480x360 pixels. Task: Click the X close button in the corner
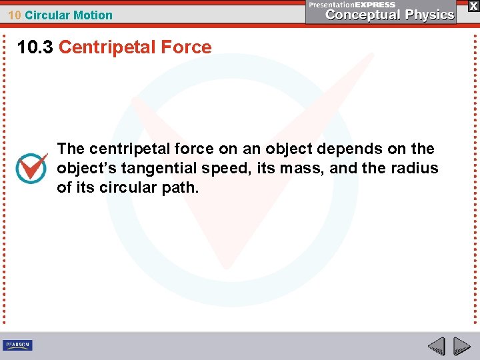(473, 5)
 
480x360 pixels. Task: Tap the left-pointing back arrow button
(437, 347)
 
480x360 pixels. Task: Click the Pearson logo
(17, 345)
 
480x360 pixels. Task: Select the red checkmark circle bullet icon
(31, 168)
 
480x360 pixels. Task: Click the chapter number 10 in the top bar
(15, 15)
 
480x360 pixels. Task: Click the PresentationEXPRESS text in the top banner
(352, 5)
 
